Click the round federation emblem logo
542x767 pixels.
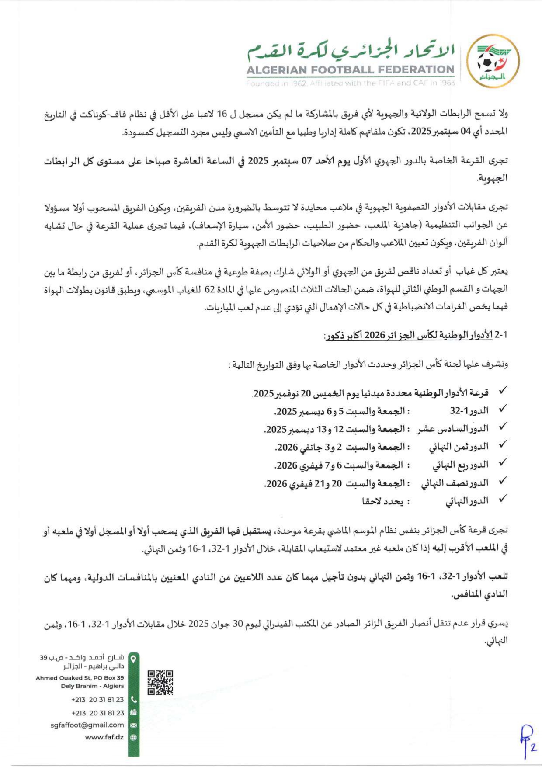[493, 61]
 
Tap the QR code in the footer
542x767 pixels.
[160, 682]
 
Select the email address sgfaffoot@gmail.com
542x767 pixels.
[87, 725]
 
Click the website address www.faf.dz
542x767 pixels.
[104, 737]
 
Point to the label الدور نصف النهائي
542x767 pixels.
[455, 483]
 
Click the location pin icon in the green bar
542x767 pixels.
[134, 658]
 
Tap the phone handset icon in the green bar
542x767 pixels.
[134, 699]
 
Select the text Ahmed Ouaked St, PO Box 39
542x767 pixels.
[80, 678]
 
